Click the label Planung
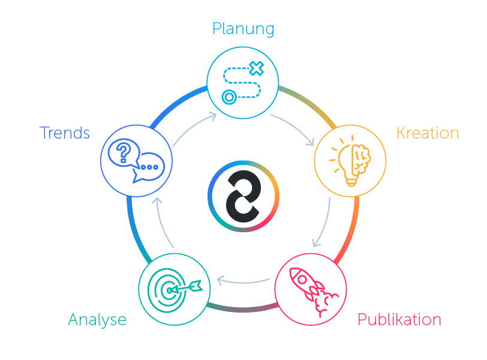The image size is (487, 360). (x=243, y=29)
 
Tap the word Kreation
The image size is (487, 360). (x=428, y=133)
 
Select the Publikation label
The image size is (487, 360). (x=399, y=319)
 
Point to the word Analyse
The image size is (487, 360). (x=97, y=319)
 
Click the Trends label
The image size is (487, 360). (x=65, y=133)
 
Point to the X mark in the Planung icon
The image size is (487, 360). (x=256, y=68)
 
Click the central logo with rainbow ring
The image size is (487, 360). (x=243, y=196)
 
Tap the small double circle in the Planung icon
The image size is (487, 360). (x=229, y=96)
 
